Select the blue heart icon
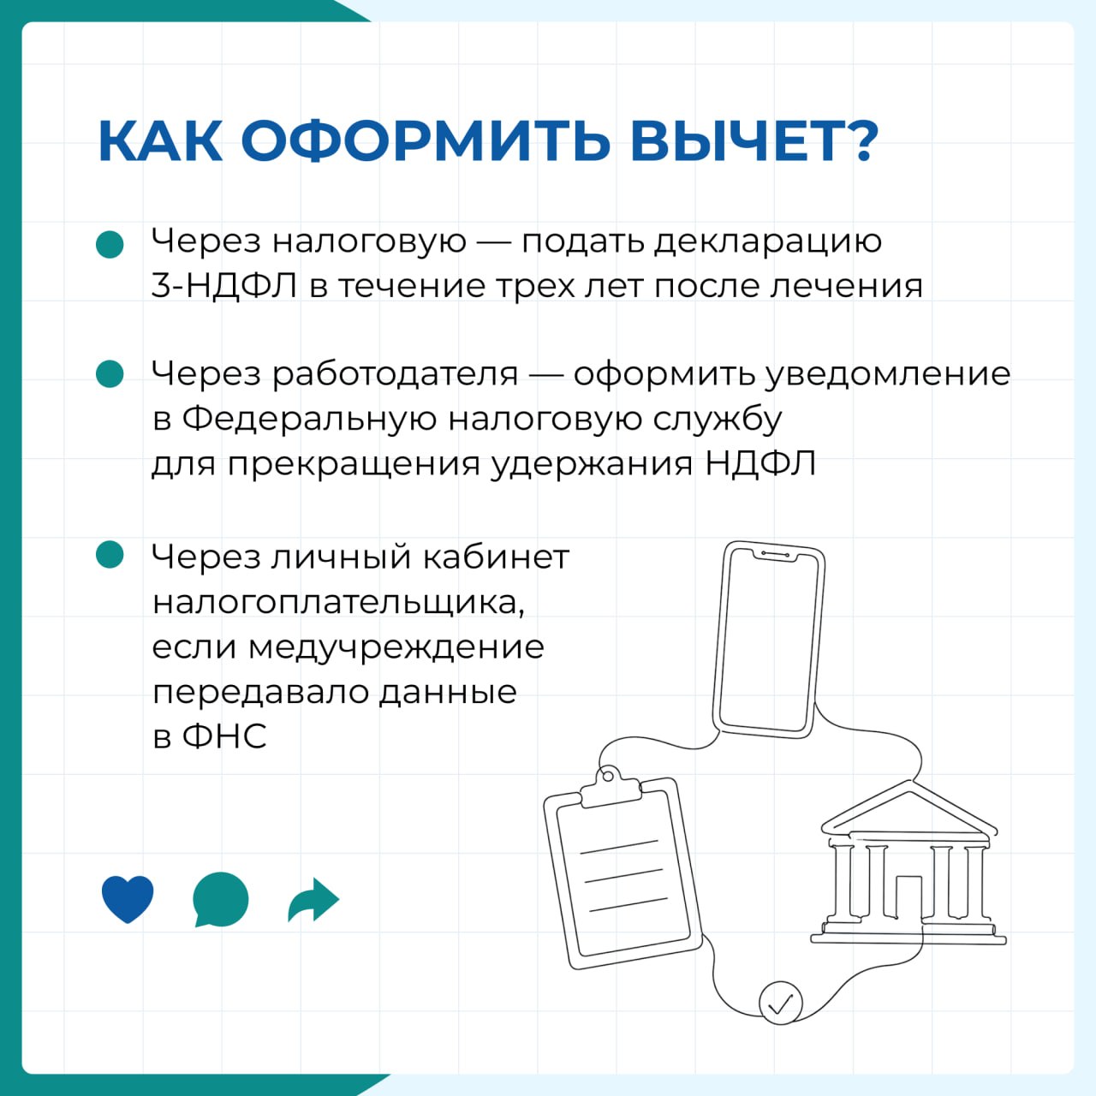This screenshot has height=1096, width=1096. pyautogui.click(x=128, y=899)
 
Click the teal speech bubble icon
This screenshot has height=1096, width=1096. pyautogui.click(x=220, y=899)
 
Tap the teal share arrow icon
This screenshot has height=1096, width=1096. pyautogui.click(x=313, y=899)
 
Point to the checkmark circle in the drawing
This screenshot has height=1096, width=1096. pyautogui.click(x=780, y=1003)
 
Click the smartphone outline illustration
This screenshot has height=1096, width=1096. pyautogui.click(x=769, y=640)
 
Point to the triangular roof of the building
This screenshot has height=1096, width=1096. pyautogui.click(x=908, y=807)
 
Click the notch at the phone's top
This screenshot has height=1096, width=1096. pyautogui.click(x=775, y=555)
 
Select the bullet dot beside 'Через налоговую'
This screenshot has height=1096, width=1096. pyautogui.click(x=110, y=245)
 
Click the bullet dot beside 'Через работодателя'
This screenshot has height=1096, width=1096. pyautogui.click(x=110, y=373)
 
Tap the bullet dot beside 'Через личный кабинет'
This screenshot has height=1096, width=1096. pyautogui.click(x=110, y=554)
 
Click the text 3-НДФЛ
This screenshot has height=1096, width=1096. pyautogui.click(x=224, y=285)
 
